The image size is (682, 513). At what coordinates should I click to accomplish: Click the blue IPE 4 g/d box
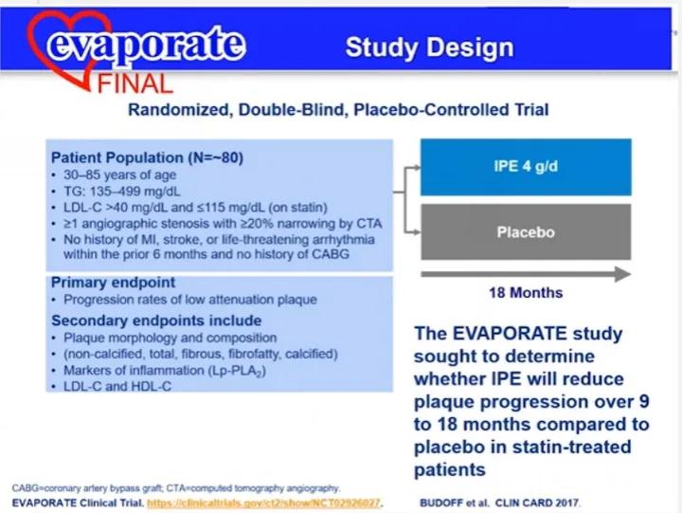tap(526, 167)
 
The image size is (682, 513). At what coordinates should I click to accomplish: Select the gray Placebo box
tap(526, 231)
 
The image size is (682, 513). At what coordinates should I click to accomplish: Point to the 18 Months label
tap(526, 293)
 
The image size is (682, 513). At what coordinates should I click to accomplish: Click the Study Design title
tap(429, 47)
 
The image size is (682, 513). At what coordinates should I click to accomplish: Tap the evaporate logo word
tap(146, 44)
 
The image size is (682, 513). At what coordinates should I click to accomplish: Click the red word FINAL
tap(135, 84)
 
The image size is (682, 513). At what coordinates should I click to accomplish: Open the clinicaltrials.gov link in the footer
tap(264, 503)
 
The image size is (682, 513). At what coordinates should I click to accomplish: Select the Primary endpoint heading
tap(113, 283)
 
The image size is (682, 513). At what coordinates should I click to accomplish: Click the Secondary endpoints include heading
tap(156, 321)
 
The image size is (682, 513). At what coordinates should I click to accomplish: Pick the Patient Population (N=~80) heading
tap(147, 157)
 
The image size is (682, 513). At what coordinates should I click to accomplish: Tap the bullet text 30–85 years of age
tap(119, 174)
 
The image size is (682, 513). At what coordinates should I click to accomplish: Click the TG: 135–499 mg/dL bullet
tap(122, 192)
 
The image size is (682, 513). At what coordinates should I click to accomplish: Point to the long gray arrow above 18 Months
tap(526, 274)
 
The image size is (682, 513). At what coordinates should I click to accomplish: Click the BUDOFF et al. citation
tap(499, 503)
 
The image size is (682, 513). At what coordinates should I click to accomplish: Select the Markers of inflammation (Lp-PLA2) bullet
tap(165, 371)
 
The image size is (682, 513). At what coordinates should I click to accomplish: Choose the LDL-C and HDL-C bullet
tap(117, 386)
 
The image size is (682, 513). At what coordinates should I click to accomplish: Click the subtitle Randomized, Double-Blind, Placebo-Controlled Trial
tap(338, 109)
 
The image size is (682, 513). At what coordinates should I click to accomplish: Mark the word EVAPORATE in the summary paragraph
tap(510, 334)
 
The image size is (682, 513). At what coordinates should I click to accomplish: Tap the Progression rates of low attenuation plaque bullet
tap(190, 300)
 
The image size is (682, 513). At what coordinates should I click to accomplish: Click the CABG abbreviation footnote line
tap(175, 488)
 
